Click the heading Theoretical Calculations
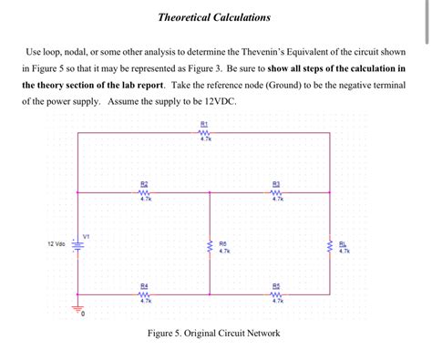[x=215, y=17]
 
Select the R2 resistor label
[x=145, y=182]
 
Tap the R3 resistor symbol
[x=277, y=191]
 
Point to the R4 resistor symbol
[x=145, y=293]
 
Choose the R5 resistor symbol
[x=277, y=293]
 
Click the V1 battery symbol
[x=77, y=245]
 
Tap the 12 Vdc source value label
[x=56, y=244]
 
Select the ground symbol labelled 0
[x=77, y=308]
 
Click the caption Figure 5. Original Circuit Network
[x=214, y=334]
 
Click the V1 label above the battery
[x=86, y=234]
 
